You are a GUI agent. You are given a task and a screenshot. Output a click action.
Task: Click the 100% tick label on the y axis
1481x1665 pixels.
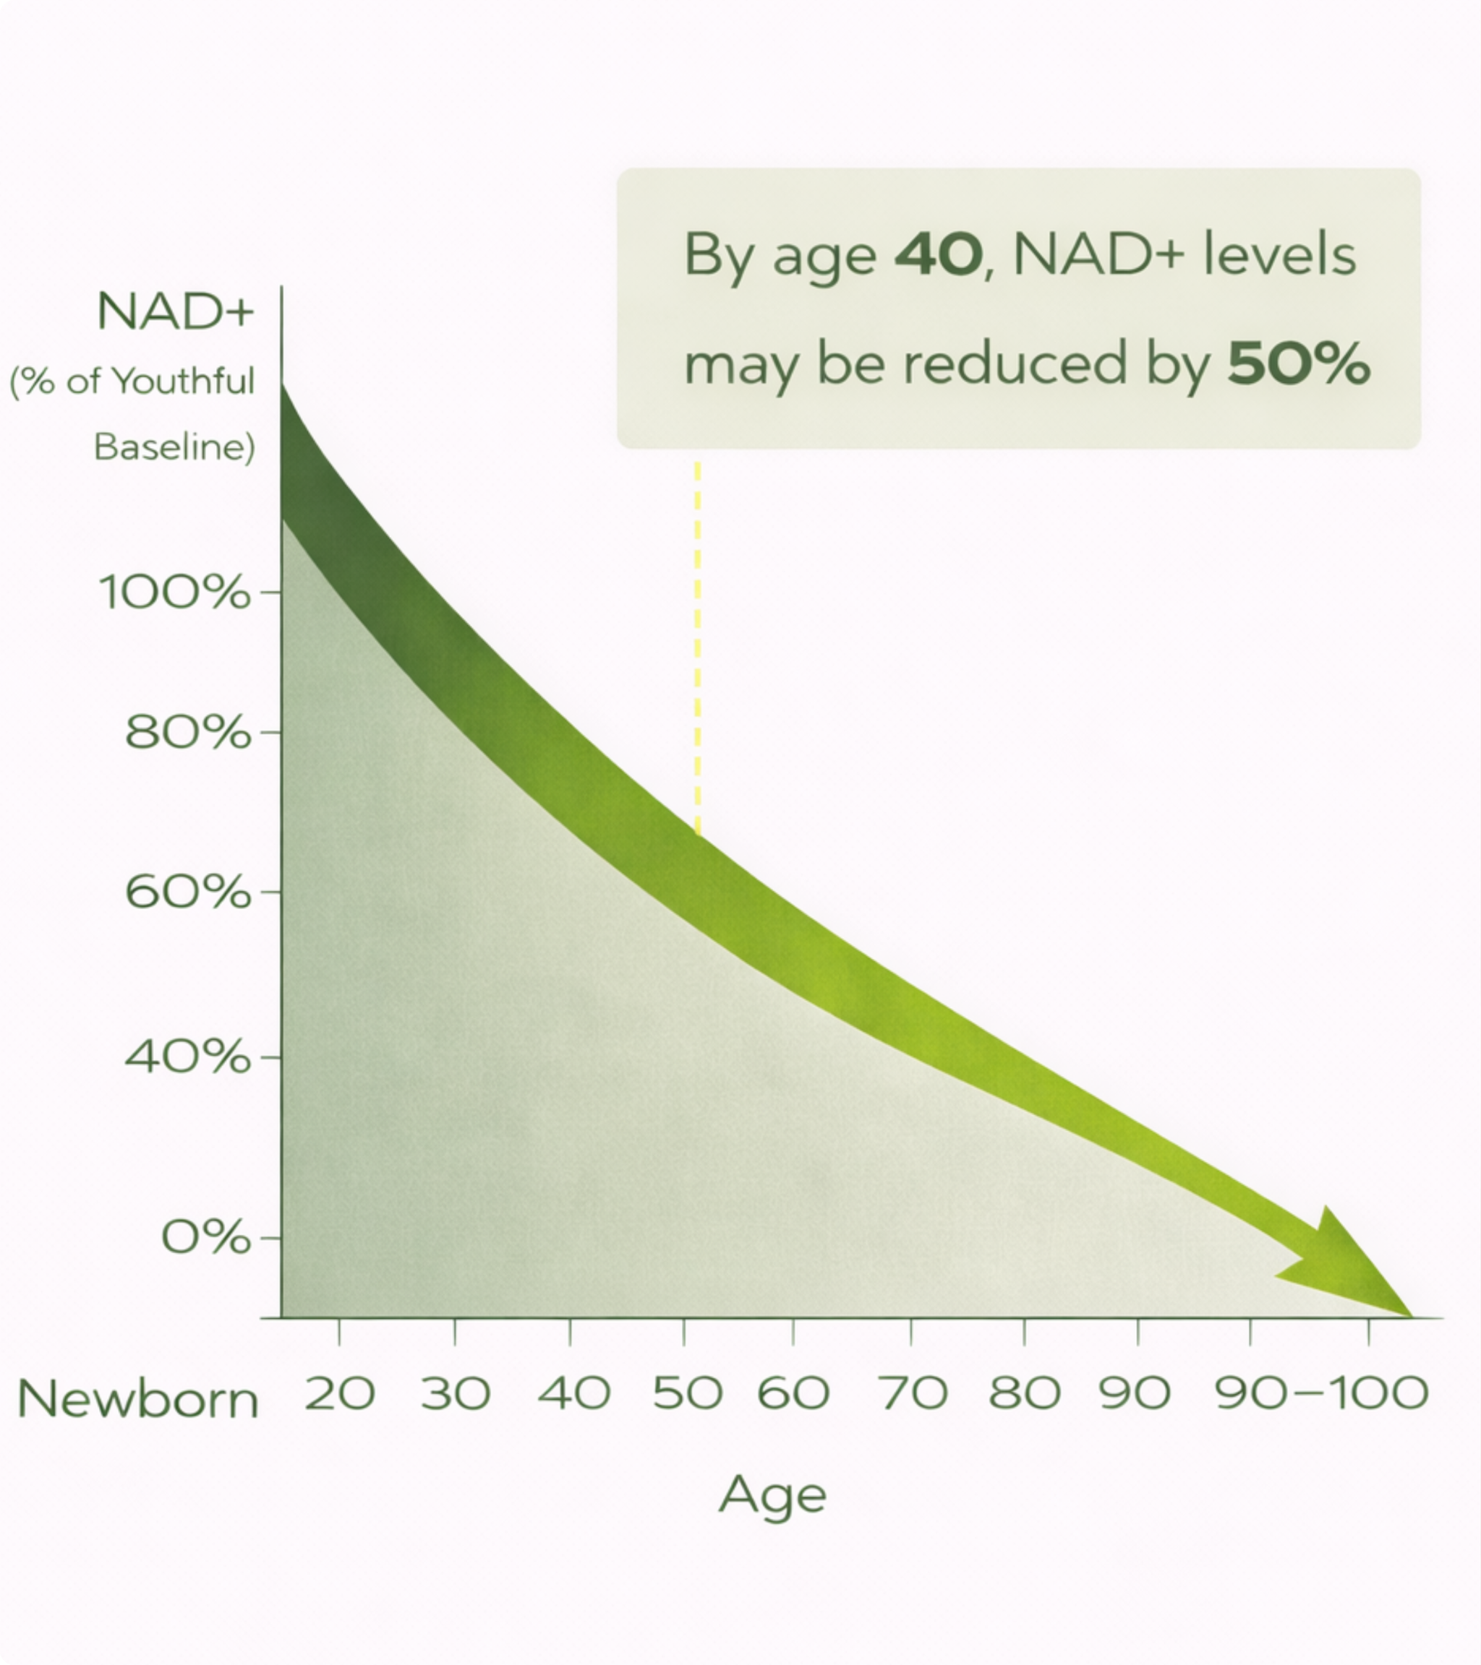[174, 592]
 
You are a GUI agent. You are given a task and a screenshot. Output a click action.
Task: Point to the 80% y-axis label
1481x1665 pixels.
[187, 732]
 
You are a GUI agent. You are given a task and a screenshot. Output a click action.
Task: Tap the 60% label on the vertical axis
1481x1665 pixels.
[187, 892]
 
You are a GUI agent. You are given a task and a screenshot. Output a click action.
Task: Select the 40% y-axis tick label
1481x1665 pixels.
[187, 1057]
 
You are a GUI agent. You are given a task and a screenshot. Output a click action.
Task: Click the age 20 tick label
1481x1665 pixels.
[340, 1393]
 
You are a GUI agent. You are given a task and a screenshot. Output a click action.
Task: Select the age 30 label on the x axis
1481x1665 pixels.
[456, 1393]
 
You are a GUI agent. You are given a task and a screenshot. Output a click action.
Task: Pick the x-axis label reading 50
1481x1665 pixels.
[687, 1393]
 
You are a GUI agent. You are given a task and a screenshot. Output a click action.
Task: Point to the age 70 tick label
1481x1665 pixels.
[913, 1393]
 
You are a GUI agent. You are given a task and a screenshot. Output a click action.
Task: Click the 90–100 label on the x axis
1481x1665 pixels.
[1321, 1393]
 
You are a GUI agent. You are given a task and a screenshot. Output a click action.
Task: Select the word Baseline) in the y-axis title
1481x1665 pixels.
[174, 447]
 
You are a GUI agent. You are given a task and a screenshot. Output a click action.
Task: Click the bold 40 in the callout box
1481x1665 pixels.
[938, 254]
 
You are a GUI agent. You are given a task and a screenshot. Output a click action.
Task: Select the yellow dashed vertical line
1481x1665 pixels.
[698, 643]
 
